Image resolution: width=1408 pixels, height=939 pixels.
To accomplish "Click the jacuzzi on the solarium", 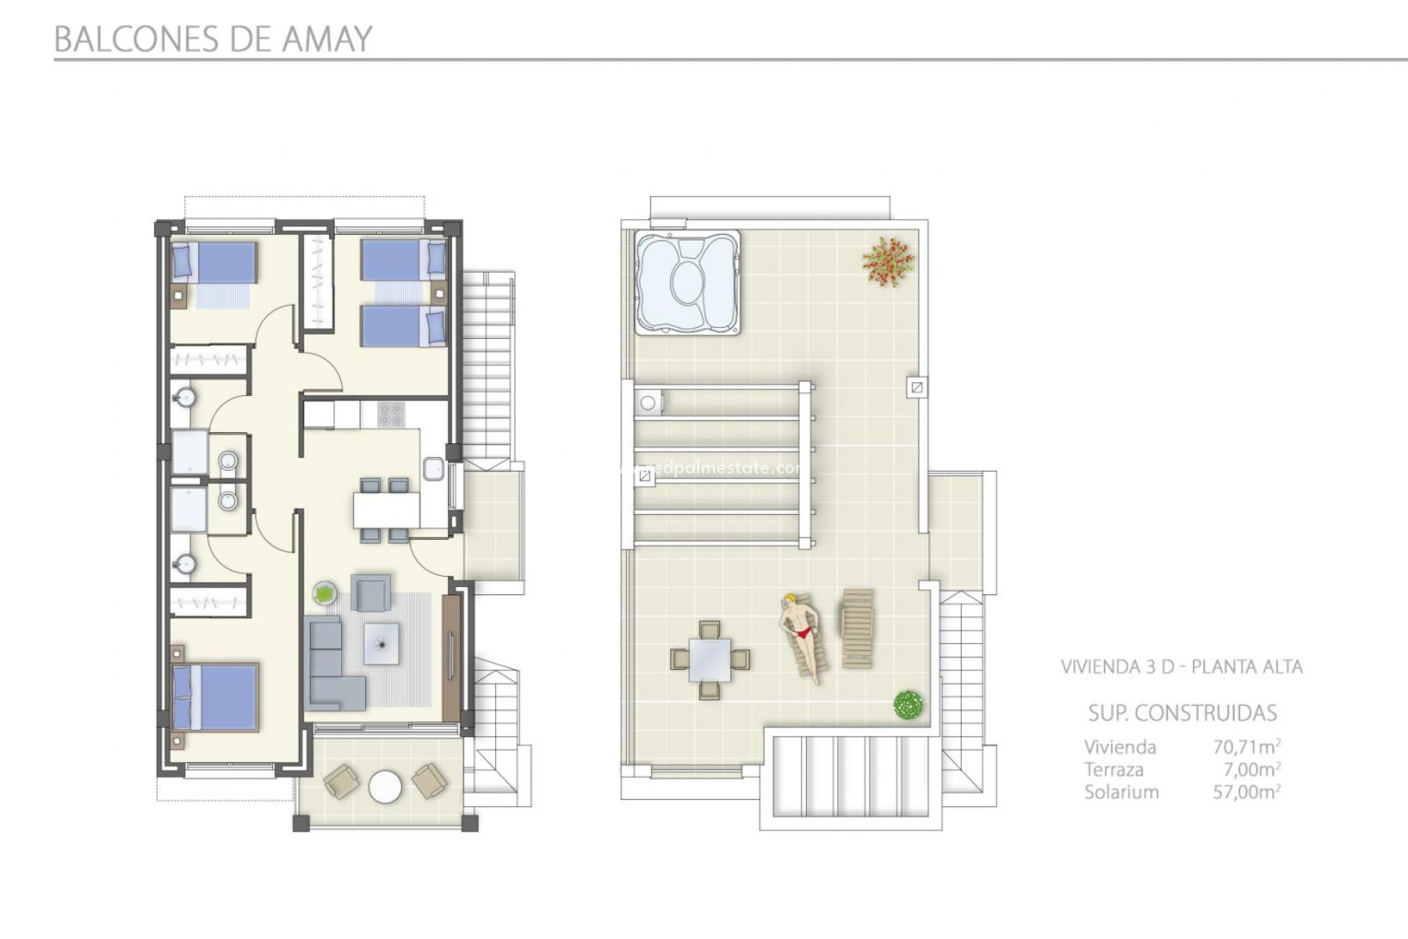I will [688, 282].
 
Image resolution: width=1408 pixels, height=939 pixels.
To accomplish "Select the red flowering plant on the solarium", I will [889, 261].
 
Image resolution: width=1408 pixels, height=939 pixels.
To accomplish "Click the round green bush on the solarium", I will [908, 705].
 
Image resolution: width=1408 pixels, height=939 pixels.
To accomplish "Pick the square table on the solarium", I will [709, 660].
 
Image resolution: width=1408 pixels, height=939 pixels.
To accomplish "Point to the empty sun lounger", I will [857, 628].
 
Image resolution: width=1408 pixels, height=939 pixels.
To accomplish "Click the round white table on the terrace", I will [385, 787].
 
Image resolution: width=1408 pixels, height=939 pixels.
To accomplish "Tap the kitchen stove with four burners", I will [391, 413].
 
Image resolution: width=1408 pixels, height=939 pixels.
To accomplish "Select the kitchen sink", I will [433, 468].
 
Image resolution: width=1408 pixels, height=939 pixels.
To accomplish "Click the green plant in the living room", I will [325, 591].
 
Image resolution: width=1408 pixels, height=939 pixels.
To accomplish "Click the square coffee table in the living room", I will [381, 643].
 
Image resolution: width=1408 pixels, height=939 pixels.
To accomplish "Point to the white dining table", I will [386, 510].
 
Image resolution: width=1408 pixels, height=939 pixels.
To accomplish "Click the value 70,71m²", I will [1246, 747].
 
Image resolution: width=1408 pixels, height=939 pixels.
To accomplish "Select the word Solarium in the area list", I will [1121, 792].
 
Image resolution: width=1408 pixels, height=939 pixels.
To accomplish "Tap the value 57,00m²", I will [1246, 792].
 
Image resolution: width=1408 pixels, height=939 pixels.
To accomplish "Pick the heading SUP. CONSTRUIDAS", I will [1182, 713].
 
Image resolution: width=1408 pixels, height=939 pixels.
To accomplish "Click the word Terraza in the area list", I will [1114, 770].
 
